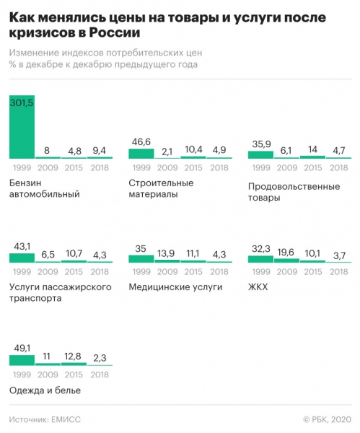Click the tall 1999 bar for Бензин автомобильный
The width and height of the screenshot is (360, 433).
click(x=22, y=134)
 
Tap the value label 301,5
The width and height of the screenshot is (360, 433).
click(x=22, y=103)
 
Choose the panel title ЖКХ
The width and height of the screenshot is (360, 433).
click(x=257, y=287)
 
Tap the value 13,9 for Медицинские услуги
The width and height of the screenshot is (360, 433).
click(x=167, y=253)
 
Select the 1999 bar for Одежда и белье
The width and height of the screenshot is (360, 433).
click(x=22, y=359)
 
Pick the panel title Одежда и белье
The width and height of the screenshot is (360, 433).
click(x=45, y=390)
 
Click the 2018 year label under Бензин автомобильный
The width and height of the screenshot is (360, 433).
click(x=100, y=167)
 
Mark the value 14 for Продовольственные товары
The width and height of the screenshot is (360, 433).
click(x=312, y=150)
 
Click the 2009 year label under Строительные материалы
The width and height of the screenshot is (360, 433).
click(x=167, y=167)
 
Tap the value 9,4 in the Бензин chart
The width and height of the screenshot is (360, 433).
click(x=100, y=150)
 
